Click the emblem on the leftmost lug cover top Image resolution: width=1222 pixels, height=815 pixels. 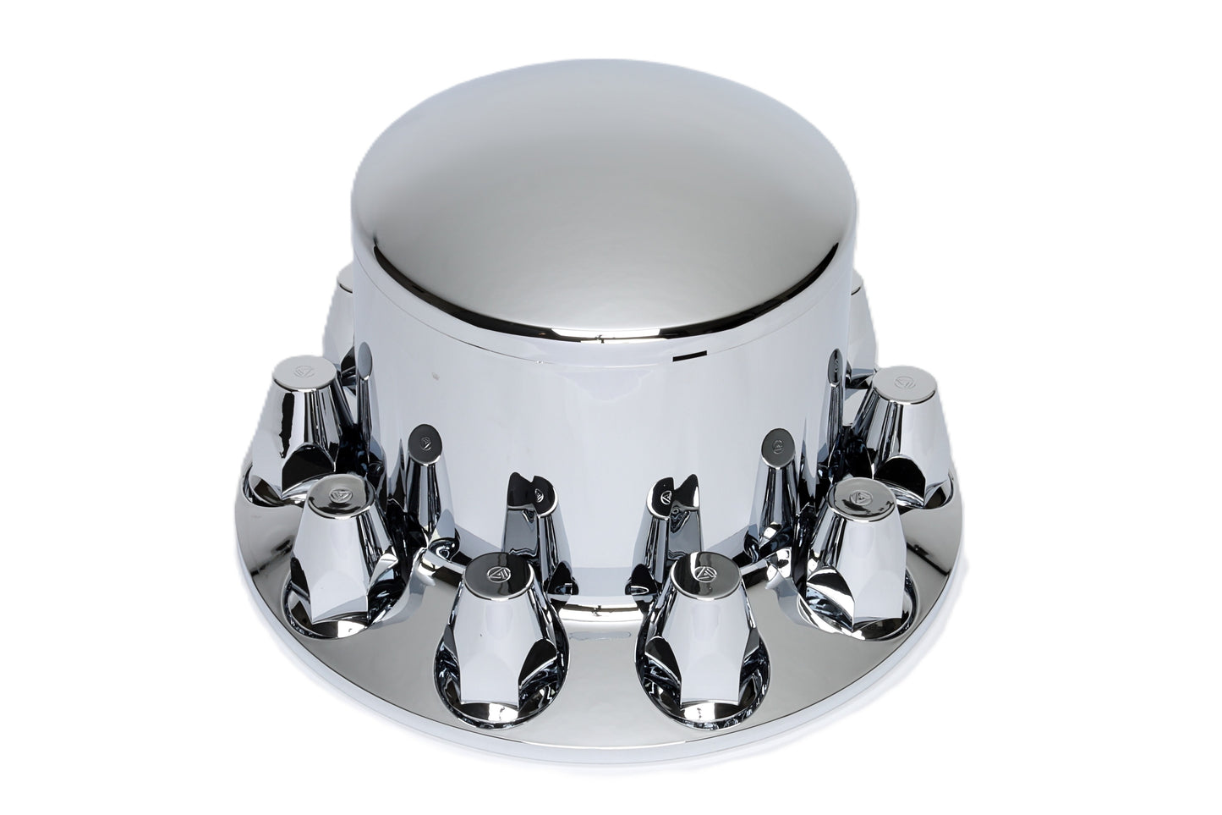(x=304, y=370)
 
